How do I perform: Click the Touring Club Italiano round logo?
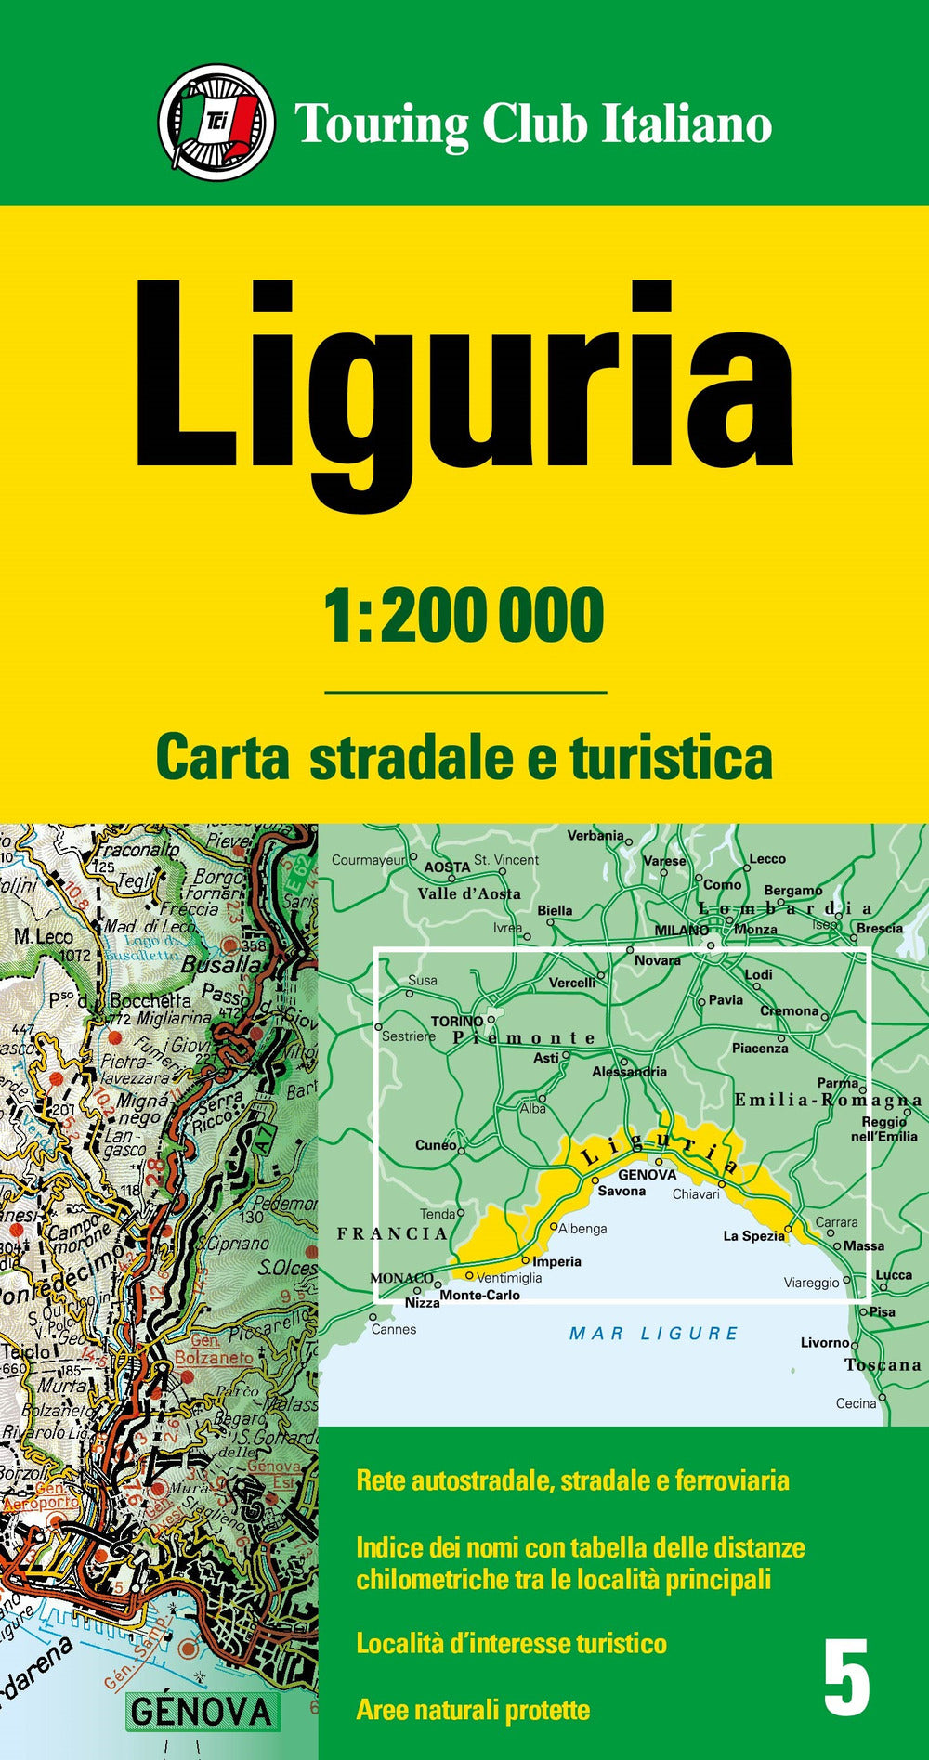[216, 122]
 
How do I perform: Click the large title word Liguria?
[464, 390]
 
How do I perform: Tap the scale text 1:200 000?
[464, 616]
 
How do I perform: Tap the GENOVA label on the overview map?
[647, 1174]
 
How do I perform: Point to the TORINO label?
[456, 1021]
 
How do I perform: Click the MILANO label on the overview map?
[681, 930]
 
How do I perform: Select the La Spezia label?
[753, 1236]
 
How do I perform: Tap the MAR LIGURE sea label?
[653, 1334]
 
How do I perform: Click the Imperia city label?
[556, 1261]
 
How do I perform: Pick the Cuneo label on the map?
[435, 1144]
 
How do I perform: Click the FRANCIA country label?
[391, 1233]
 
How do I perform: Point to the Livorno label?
[824, 1342]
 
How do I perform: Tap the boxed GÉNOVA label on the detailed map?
[201, 1711]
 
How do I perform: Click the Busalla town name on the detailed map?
[221, 964]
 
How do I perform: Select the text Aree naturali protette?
[473, 1709]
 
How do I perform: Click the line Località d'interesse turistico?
[511, 1643]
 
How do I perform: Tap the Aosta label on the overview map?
[447, 867]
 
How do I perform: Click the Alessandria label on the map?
[629, 1071]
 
